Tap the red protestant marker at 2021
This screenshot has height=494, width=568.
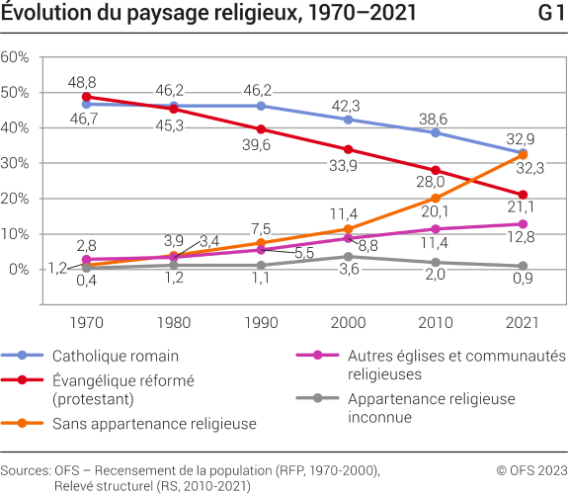[x=523, y=195]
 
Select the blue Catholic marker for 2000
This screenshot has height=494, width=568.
[x=348, y=120]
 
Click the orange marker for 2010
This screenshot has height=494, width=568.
[x=436, y=198]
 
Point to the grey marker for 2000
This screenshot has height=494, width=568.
[x=348, y=256]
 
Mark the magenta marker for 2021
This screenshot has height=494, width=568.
[x=523, y=223]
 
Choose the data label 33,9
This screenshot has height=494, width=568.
[x=345, y=166]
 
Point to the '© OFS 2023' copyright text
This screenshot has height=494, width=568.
[x=531, y=470]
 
